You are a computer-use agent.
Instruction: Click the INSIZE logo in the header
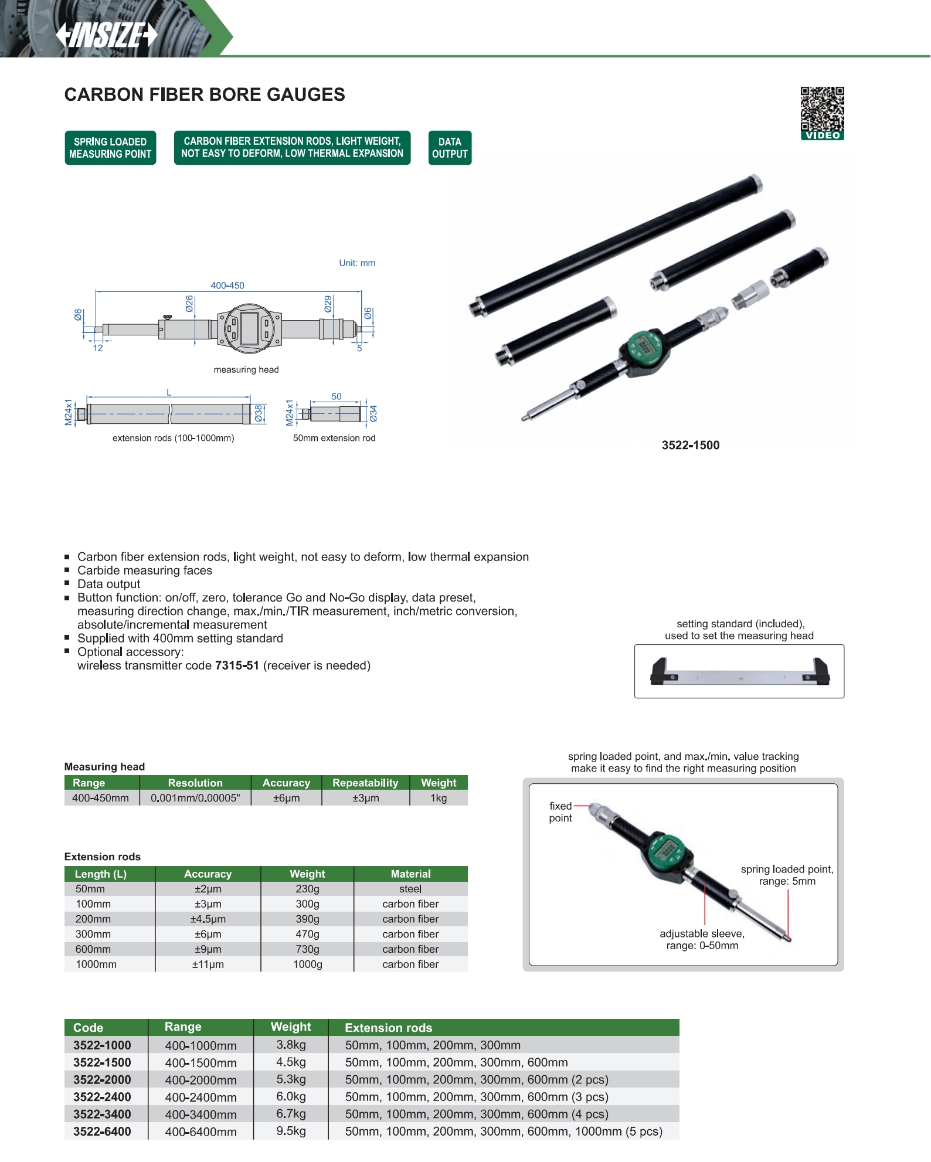(x=107, y=35)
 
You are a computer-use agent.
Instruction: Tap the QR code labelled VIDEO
(x=823, y=114)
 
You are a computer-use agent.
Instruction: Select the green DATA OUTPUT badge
(x=450, y=148)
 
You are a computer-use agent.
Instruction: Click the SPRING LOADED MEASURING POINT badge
(x=110, y=148)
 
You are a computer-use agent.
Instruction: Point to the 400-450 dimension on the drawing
(x=227, y=286)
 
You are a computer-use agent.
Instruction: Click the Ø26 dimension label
(x=189, y=303)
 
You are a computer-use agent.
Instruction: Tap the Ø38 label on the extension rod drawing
(x=259, y=413)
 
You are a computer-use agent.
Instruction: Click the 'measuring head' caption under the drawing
(x=246, y=369)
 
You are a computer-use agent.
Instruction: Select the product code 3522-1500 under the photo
(x=691, y=445)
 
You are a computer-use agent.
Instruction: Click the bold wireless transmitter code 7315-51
(x=237, y=665)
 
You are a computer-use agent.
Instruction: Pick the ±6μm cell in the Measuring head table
(x=286, y=798)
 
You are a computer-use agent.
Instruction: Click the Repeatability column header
(x=365, y=783)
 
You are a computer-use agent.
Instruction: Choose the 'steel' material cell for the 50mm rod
(x=410, y=889)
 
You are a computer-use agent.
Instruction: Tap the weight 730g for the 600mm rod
(x=307, y=949)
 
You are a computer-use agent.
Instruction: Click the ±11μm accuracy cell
(x=208, y=964)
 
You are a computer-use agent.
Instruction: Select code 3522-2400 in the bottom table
(x=102, y=1097)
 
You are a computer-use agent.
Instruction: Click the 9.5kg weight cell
(x=291, y=1131)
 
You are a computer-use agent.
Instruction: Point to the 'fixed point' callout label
(x=560, y=812)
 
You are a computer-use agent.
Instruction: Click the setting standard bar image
(x=740, y=672)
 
